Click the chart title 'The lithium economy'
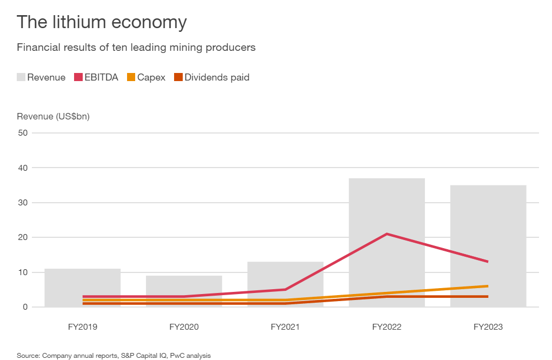(x=102, y=22)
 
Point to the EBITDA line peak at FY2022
(x=387, y=234)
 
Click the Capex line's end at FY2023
(x=488, y=286)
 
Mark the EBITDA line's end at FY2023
(x=488, y=262)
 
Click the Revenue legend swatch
(x=21, y=77)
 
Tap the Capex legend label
(x=151, y=77)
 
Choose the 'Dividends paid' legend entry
(x=217, y=77)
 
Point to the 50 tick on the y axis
(x=22, y=133)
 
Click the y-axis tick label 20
(x=22, y=237)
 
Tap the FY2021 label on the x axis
(x=285, y=327)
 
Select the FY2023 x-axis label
(x=488, y=327)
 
